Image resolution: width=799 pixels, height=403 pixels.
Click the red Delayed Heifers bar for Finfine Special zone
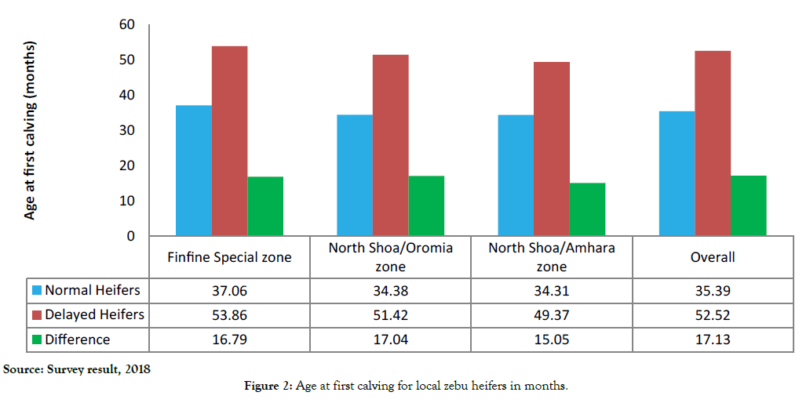pyautogui.click(x=229, y=141)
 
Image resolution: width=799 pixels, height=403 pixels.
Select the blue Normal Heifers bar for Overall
pyautogui.click(x=677, y=173)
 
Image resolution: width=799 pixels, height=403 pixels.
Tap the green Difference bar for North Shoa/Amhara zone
pyautogui.click(x=587, y=209)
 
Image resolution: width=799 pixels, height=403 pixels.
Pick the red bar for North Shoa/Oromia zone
pyautogui.click(x=390, y=145)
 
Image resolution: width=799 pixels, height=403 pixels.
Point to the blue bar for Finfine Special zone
pyautogui.click(x=193, y=170)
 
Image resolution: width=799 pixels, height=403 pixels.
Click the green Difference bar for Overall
pyautogui.click(x=748, y=205)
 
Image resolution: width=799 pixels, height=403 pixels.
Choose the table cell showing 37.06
pyautogui.click(x=229, y=291)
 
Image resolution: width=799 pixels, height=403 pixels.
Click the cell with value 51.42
pyautogui.click(x=390, y=315)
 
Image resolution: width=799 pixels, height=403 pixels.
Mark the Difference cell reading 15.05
pyautogui.click(x=551, y=340)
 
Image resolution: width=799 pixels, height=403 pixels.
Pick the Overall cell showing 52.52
pyautogui.click(x=712, y=315)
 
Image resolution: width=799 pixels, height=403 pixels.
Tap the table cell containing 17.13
pyautogui.click(x=712, y=340)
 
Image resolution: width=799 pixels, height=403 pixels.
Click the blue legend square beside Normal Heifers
pyautogui.click(x=36, y=291)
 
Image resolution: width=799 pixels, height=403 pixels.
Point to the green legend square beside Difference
pyautogui.click(x=36, y=340)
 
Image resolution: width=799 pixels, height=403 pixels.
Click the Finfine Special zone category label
pyautogui.click(x=229, y=257)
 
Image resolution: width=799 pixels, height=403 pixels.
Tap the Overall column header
pyautogui.click(x=712, y=257)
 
